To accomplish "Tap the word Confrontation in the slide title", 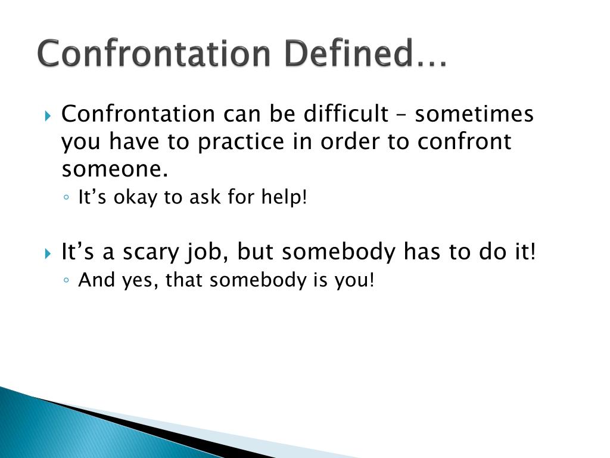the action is click(x=154, y=53).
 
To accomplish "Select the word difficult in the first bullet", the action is click(x=346, y=114).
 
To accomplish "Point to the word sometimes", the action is click(x=474, y=114).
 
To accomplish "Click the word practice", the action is click(x=241, y=142).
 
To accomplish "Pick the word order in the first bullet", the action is click(x=350, y=141).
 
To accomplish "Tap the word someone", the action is click(x=115, y=169).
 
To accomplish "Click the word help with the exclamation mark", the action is click(x=284, y=196).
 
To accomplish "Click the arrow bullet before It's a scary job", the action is click(x=48, y=254).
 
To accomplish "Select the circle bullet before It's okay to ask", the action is click(x=66, y=197).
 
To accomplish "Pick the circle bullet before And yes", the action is click(x=66, y=280).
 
